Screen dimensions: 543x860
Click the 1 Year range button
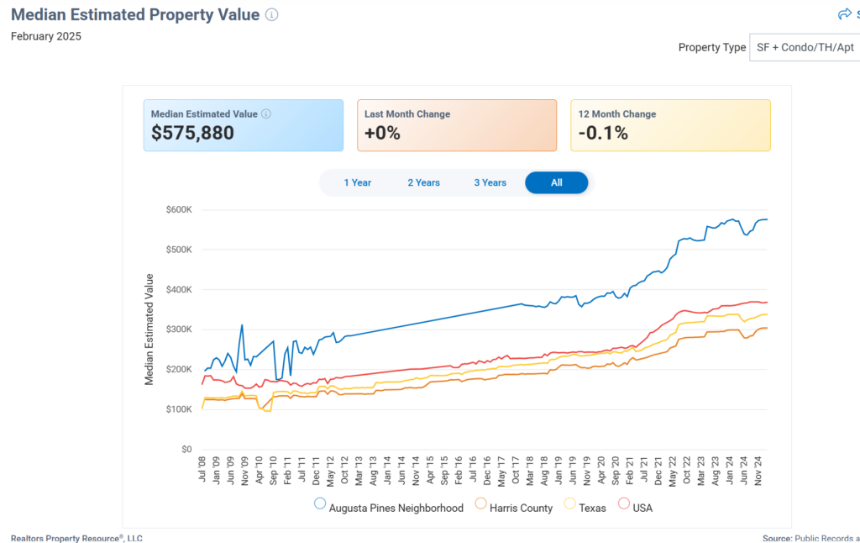click(357, 182)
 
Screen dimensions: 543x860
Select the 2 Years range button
click(423, 182)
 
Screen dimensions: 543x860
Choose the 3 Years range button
click(490, 182)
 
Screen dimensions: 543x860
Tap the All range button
click(556, 182)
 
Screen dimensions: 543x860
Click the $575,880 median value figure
click(192, 133)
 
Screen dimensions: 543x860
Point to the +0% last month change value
click(382, 133)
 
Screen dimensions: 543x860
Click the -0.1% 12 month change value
click(603, 133)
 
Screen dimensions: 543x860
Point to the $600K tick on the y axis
click(179, 209)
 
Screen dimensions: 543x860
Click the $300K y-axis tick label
click(179, 329)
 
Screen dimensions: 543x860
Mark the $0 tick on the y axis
click(186, 450)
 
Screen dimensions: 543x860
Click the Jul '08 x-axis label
click(202, 469)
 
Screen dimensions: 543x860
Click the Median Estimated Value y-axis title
click(149, 329)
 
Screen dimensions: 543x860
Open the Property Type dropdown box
click(804, 48)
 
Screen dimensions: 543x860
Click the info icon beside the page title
click(271, 14)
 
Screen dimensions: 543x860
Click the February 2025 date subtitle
click(46, 36)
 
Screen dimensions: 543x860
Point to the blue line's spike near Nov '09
click(242, 325)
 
